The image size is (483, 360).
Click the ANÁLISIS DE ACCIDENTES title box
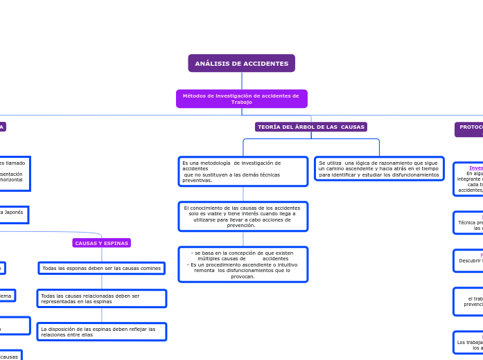tap(241, 64)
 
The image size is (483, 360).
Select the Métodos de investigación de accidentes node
tap(241, 99)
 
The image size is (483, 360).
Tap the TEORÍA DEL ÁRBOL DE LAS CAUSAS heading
tap(310, 127)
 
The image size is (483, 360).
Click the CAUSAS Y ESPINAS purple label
tap(101, 244)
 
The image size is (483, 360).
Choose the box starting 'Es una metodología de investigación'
tap(243, 172)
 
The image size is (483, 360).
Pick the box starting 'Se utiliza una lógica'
tap(379, 169)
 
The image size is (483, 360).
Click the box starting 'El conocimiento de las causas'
tap(243, 217)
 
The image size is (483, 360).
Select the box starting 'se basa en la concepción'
tap(243, 264)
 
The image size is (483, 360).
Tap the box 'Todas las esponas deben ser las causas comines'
tap(101, 269)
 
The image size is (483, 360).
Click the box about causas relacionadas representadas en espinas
tap(101, 298)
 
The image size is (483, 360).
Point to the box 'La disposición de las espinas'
tap(101, 332)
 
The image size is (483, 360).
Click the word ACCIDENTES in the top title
tap(265, 64)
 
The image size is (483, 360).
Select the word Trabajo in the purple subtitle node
tap(242, 102)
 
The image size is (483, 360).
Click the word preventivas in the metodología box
tap(197, 181)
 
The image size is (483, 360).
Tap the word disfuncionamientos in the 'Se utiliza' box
tap(412, 175)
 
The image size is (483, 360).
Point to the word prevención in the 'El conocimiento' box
tap(241, 226)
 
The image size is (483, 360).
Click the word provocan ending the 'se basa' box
tap(243, 276)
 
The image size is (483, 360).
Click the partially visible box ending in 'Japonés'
tap(14, 214)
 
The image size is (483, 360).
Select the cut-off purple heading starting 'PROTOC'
tap(470, 128)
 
